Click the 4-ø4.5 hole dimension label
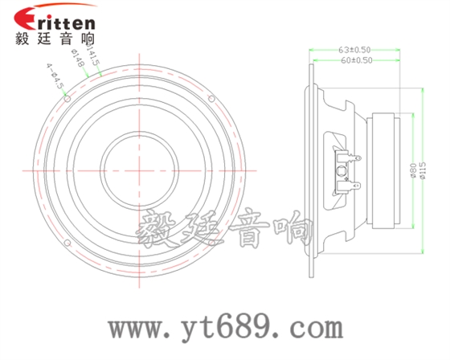pyautogui.click(x=55, y=78)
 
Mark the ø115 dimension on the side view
pyautogui.click(x=424, y=170)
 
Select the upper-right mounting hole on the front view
pyautogui.click(x=211, y=99)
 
